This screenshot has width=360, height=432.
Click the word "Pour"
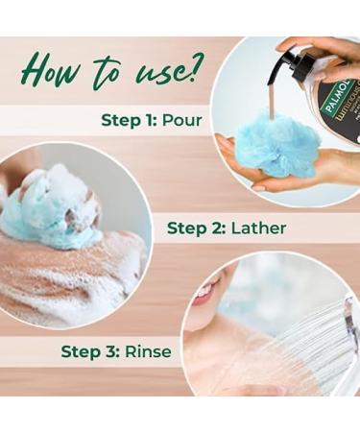182,120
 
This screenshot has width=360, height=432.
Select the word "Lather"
258,228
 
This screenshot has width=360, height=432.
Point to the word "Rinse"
148,351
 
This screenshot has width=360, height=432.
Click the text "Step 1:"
129,121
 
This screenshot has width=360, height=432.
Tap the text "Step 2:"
197,228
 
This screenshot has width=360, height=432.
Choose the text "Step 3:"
90,351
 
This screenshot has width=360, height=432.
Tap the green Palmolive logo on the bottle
339,96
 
